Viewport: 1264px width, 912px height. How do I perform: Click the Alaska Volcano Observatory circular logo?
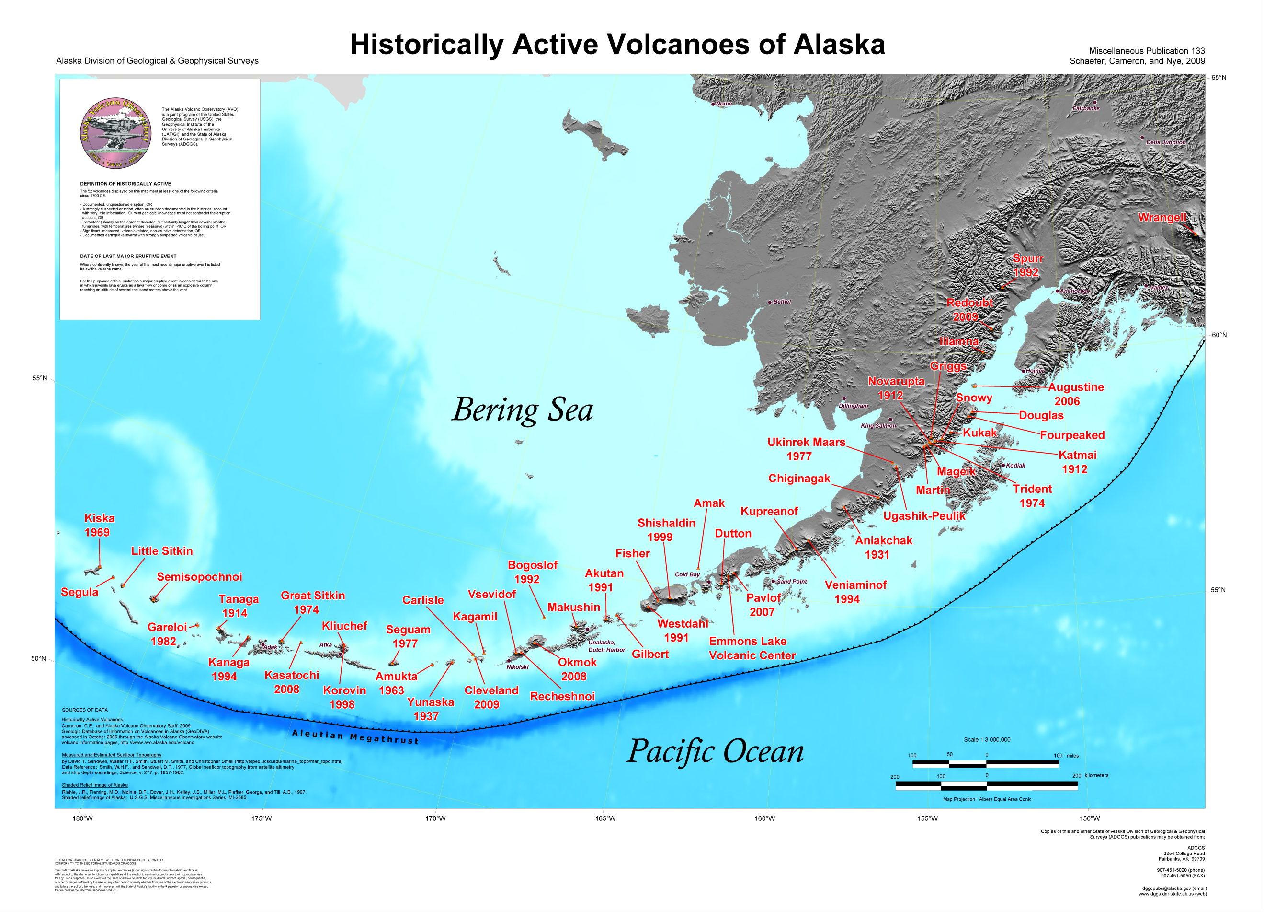coord(115,133)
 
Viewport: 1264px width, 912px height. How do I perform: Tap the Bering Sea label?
coord(522,410)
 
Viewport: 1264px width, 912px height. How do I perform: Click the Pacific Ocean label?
coord(715,751)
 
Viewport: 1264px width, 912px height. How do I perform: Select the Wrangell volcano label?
coord(1162,218)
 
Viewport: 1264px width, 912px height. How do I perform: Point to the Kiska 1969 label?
coord(99,525)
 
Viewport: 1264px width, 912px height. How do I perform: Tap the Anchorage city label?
coord(1074,291)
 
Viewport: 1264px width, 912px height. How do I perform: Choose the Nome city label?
coord(723,104)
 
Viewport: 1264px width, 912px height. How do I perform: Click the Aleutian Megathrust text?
coord(355,737)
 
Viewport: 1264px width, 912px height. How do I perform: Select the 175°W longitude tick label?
coord(262,818)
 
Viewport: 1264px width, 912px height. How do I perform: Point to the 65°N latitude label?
coord(1218,78)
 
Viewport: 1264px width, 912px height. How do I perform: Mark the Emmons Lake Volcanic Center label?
coord(752,648)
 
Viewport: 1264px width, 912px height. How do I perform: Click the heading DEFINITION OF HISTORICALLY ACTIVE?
coord(125,184)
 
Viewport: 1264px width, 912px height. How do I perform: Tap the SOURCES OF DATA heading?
coord(85,710)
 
